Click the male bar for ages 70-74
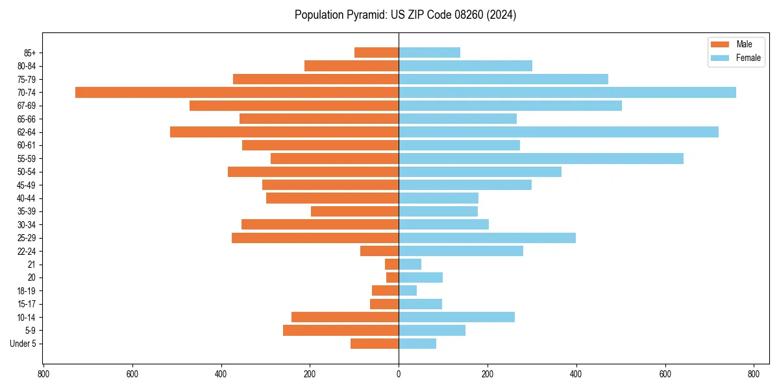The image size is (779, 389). click(237, 92)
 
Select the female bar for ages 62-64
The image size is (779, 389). click(558, 132)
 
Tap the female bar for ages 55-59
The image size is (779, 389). click(541, 158)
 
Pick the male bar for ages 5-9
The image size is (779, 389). click(341, 330)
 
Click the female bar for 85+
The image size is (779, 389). click(429, 53)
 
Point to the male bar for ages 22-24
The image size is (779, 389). click(379, 251)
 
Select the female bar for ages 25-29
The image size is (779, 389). click(487, 238)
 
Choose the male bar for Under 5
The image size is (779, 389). click(375, 344)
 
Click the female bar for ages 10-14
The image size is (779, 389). click(456, 317)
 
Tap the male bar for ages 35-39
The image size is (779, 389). click(354, 211)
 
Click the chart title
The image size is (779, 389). click(405, 15)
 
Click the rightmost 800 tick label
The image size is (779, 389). click(754, 374)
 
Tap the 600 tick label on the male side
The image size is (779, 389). click(132, 374)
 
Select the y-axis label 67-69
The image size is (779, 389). click(27, 106)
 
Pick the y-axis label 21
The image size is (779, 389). click(32, 265)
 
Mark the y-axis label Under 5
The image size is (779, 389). click(23, 344)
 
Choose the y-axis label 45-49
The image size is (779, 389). click(27, 185)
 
